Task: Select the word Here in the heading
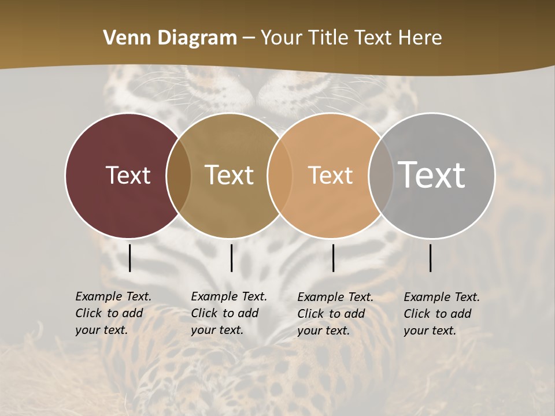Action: (x=420, y=38)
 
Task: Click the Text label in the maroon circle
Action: (x=128, y=175)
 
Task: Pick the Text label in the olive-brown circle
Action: (x=230, y=175)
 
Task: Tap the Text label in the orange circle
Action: (x=330, y=175)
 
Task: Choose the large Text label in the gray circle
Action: (x=432, y=175)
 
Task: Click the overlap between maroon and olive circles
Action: (x=179, y=176)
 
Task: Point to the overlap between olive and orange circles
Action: (x=280, y=176)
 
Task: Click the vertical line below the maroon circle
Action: (x=130, y=258)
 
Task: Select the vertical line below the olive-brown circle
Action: (x=232, y=258)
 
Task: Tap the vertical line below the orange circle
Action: (x=334, y=258)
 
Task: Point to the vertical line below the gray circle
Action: (x=431, y=258)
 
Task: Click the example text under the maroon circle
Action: (x=113, y=313)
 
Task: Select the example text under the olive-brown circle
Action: (x=229, y=313)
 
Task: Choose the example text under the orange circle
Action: (x=335, y=314)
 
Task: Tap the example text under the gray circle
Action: (x=442, y=314)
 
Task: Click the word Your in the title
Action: (x=281, y=38)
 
